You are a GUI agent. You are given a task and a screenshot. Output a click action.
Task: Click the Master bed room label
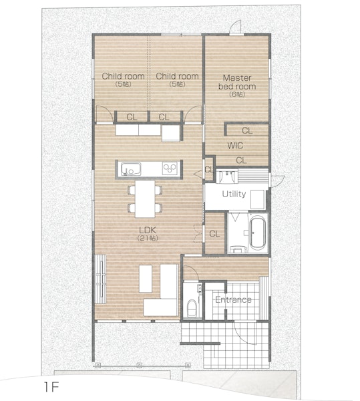pos(237,82)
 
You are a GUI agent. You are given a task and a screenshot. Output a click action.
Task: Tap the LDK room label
pos(148,230)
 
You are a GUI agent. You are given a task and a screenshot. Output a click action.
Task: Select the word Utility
pos(234,194)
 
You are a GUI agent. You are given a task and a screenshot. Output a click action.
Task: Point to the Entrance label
pos(233,299)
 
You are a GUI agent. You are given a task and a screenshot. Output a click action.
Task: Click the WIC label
pos(235,146)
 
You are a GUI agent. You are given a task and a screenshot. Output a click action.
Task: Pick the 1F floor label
pos(51,387)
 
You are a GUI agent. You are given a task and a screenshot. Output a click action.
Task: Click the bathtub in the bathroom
pos(257,233)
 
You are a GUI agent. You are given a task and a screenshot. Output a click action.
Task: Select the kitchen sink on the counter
pos(131,169)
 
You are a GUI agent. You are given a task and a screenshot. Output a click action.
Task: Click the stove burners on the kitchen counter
pos(170,168)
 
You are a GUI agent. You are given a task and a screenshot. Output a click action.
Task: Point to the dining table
pos(145,199)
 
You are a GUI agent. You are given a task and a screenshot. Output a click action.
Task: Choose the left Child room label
pos(123,76)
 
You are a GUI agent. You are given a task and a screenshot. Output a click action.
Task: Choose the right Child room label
pos(177,76)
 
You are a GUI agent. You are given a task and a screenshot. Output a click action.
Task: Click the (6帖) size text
pos(237,94)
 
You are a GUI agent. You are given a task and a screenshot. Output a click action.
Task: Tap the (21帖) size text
pos(148,238)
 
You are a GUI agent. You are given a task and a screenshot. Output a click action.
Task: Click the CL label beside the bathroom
pos(214,234)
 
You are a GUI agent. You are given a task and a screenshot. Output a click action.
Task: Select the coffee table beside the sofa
pos(146,279)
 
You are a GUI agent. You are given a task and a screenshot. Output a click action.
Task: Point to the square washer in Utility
pos(257,199)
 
